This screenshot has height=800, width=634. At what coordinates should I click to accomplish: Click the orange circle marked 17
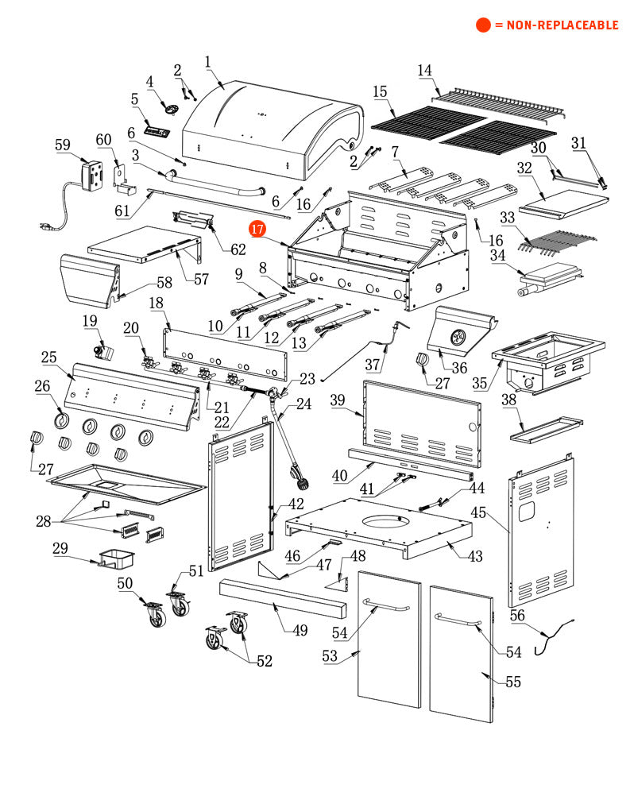coord(257,229)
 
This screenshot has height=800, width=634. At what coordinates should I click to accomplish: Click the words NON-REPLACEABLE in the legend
coord(556,25)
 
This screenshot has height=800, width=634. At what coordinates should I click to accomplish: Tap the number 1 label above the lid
coord(208,61)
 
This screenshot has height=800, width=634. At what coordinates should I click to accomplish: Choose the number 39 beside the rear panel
coord(338,400)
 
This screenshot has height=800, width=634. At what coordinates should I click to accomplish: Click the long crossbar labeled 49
coord(283,606)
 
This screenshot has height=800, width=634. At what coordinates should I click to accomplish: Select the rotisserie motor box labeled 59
coord(93,176)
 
